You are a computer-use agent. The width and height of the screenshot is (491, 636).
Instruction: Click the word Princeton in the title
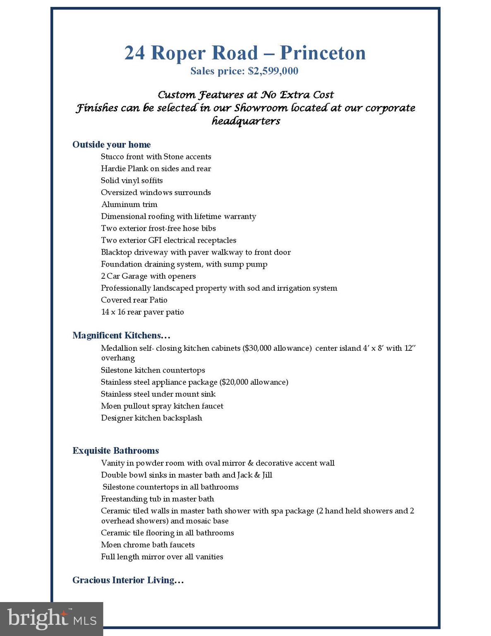click(x=323, y=53)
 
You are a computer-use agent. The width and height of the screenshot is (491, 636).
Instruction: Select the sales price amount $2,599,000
click(x=273, y=71)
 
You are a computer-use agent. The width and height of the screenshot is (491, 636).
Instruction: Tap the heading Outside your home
click(x=111, y=145)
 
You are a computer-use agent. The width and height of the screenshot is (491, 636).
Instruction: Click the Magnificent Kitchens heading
click(x=121, y=335)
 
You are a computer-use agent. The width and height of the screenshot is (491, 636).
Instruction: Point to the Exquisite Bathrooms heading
click(x=115, y=450)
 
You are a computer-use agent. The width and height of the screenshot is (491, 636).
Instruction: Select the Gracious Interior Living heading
click(x=128, y=580)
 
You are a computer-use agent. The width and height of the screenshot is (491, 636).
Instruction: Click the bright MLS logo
click(x=51, y=619)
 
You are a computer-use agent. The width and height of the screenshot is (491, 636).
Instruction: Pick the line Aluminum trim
click(x=129, y=205)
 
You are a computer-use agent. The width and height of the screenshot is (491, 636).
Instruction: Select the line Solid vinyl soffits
click(x=132, y=181)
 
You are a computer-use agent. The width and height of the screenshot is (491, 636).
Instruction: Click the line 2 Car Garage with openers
click(x=148, y=276)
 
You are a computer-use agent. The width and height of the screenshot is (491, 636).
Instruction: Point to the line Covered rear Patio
click(x=134, y=300)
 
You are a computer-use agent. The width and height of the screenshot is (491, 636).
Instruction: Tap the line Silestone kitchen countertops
click(x=153, y=370)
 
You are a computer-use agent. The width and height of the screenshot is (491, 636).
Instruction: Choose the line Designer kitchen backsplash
click(x=151, y=418)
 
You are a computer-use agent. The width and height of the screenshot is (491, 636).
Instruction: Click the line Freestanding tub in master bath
click(x=157, y=499)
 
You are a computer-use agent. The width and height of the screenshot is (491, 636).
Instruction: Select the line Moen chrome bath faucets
click(x=148, y=545)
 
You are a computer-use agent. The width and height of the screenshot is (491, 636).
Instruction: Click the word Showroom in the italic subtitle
click(x=261, y=108)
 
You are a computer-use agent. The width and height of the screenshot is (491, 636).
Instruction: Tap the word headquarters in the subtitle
click(x=246, y=121)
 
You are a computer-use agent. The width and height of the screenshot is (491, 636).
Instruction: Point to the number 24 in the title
click(x=135, y=53)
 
